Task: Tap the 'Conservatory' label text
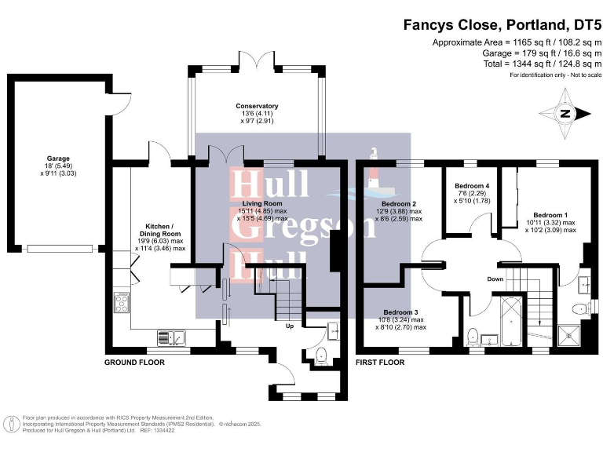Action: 257,106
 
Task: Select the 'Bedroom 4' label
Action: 472,186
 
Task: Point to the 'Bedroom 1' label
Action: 550,214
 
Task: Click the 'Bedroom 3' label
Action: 401,312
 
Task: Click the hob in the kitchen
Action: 123,301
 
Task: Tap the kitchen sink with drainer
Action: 172,337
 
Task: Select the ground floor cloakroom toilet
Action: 320,355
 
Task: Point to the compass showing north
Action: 565,113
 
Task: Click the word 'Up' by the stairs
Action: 290,326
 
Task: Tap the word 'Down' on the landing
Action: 495,279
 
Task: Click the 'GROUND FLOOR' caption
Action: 134,363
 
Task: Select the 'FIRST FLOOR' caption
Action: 380,363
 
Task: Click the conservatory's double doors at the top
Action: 257,60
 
